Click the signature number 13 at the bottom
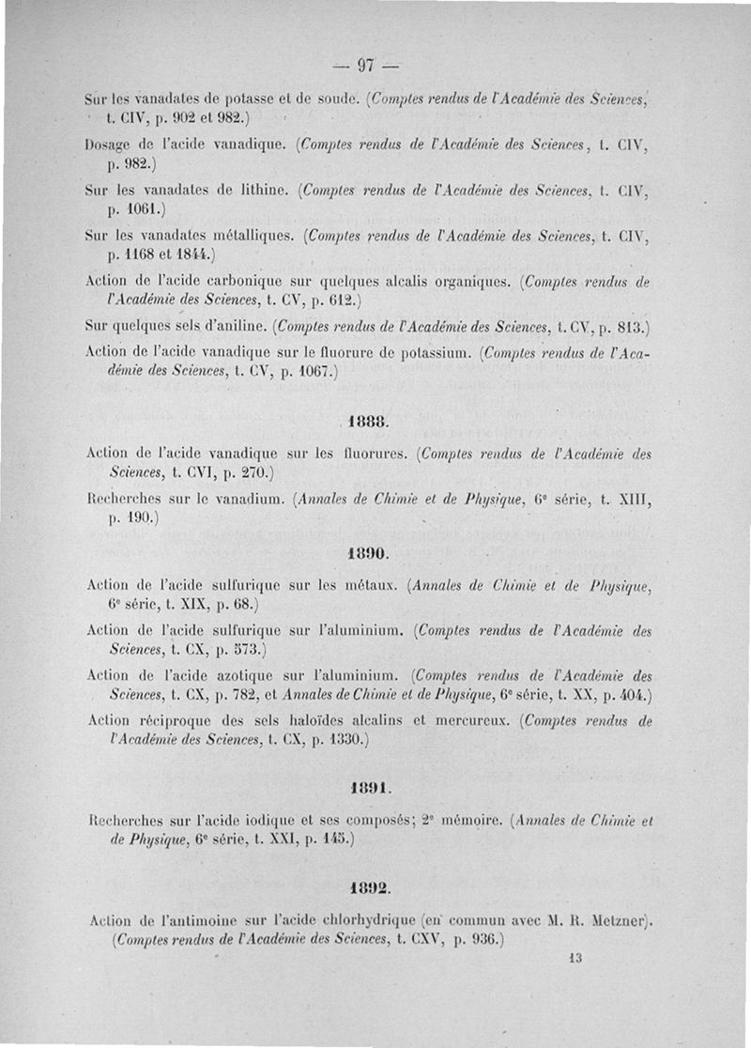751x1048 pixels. coord(576,959)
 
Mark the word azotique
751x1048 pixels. coord(243,674)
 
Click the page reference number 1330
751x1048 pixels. coord(342,740)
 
